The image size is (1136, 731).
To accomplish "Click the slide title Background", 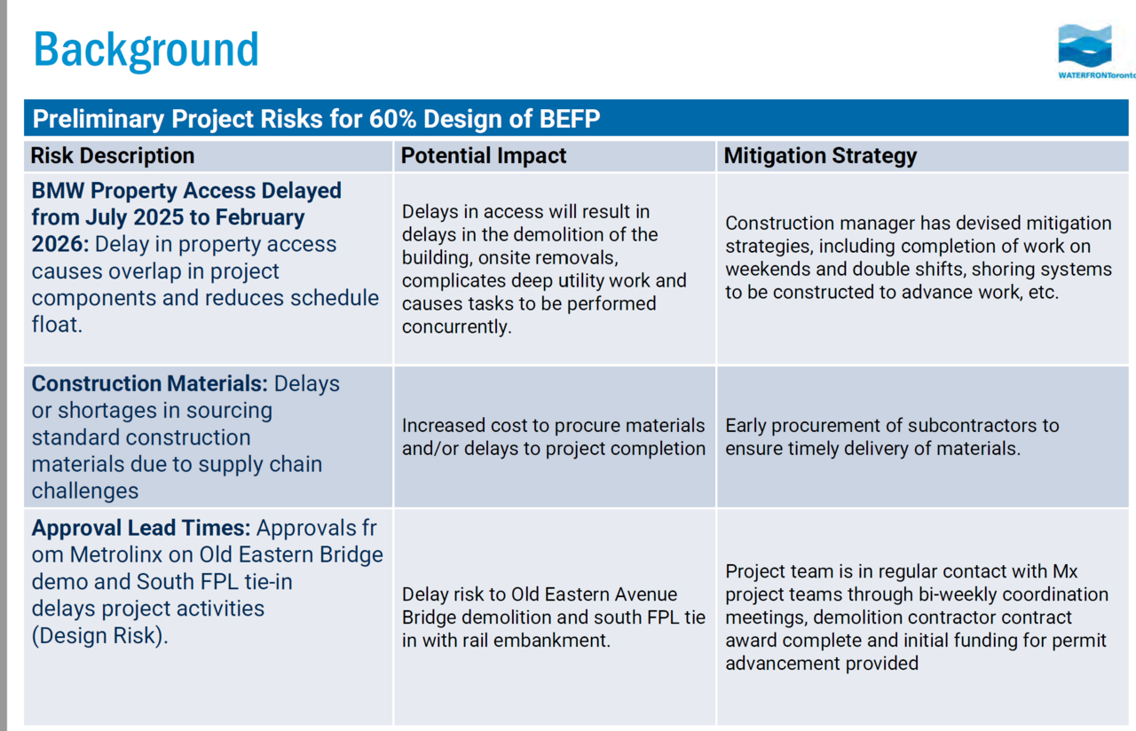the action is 146,51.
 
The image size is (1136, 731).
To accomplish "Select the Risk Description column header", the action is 113,155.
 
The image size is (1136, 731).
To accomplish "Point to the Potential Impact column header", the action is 484,155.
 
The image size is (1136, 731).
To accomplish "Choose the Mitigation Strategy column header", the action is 820,155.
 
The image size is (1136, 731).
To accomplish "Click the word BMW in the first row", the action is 58,191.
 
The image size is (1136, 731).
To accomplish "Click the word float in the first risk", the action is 57,325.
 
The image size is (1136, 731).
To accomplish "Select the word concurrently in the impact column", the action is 456,327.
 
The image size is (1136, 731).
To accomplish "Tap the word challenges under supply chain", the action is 84,491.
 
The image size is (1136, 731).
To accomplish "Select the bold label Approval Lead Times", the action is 141,528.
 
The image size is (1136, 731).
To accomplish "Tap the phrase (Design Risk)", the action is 99,636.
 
